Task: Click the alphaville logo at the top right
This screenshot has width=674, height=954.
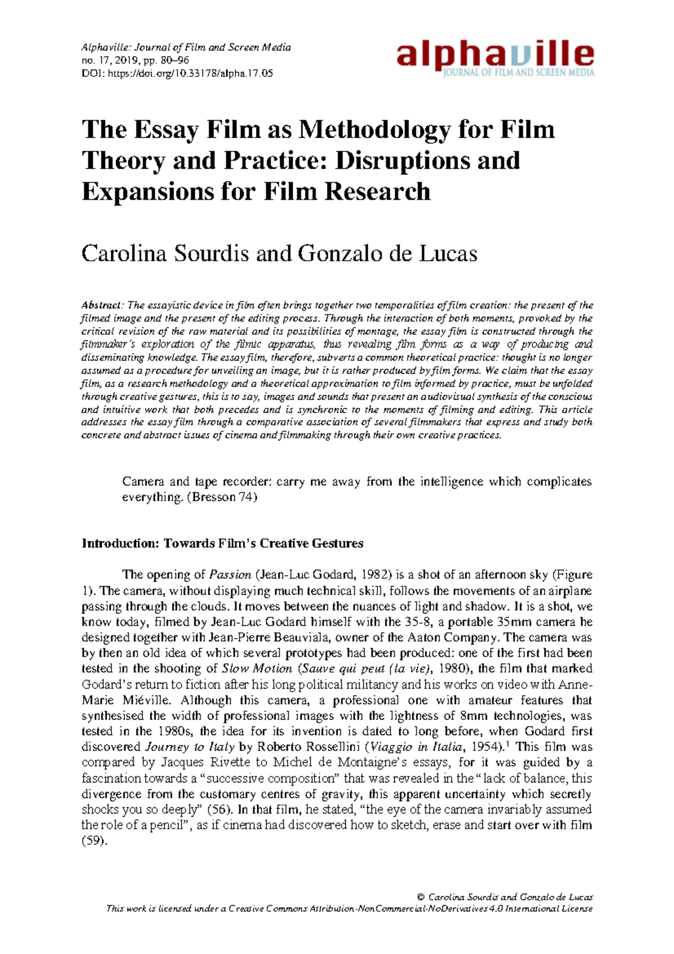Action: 495,58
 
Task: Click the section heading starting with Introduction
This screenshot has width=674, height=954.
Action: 222,543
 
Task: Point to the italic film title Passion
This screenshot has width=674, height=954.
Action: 230,575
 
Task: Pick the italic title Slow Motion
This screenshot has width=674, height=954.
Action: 257,669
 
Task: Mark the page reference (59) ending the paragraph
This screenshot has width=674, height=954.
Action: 93,841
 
